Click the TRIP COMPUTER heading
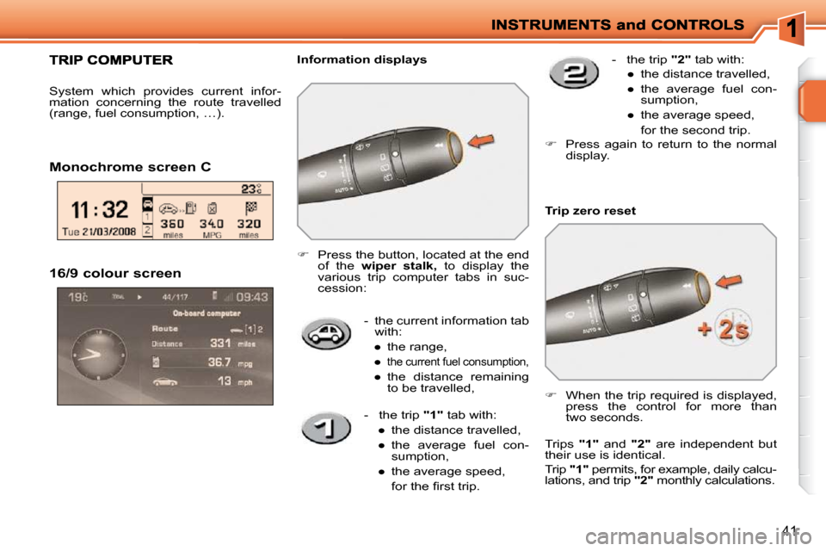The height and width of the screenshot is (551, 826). tap(110, 60)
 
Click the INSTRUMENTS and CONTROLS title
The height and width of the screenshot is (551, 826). tap(618, 25)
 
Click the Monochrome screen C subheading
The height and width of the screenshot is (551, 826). tap(130, 166)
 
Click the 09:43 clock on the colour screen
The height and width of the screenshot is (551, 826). tap(250, 297)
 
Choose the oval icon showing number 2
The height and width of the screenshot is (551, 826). tap(574, 74)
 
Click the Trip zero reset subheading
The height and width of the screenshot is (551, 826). tap(590, 211)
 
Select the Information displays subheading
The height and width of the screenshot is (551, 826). tap(361, 60)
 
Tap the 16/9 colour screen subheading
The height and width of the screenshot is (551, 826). tap(115, 274)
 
